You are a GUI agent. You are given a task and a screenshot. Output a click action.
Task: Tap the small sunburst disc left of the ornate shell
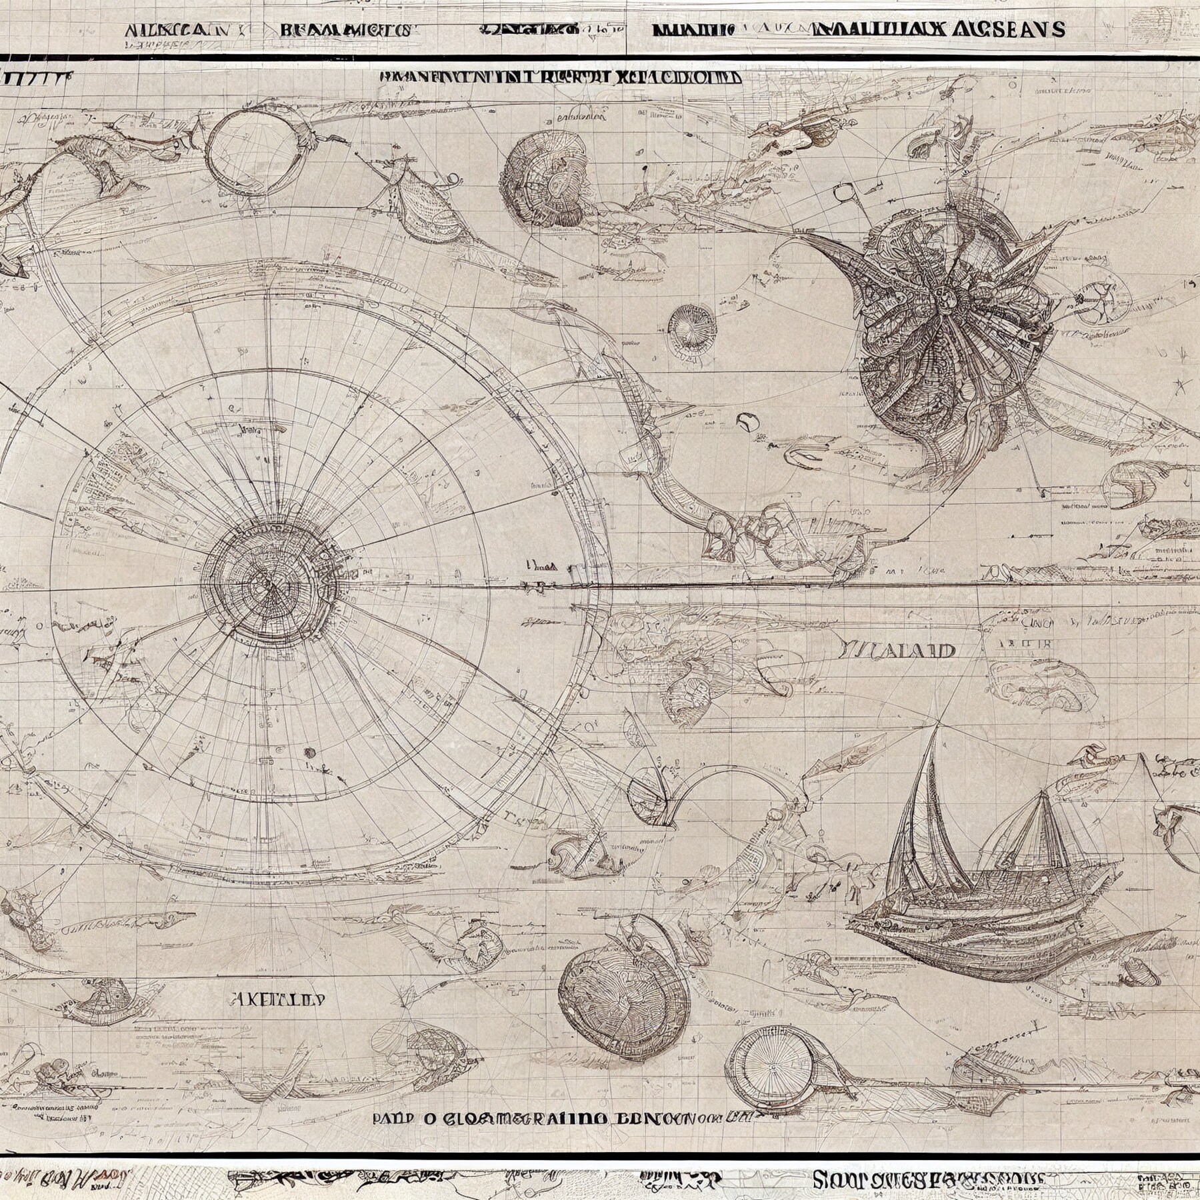click(x=691, y=327)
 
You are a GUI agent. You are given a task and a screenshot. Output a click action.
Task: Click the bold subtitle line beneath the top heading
click(x=560, y=77)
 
